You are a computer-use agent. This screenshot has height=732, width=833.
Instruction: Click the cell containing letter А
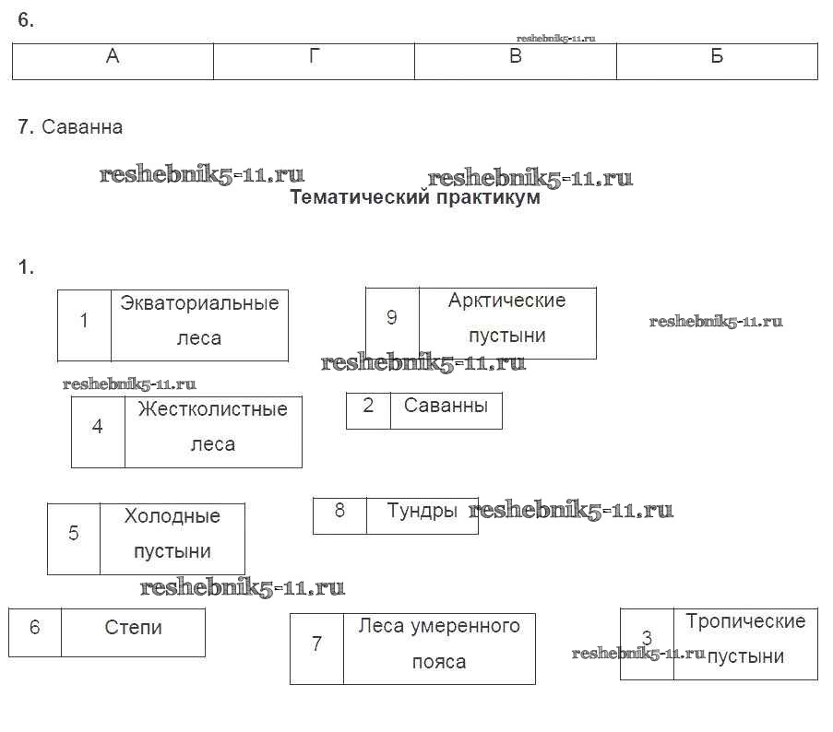(113, 57)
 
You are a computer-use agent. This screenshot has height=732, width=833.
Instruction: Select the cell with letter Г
(314, 57)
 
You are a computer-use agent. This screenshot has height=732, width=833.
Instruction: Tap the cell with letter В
(516, 57)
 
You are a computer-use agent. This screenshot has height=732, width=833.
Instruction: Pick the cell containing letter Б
(717, 57)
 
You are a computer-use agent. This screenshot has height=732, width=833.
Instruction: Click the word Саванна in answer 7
(82, 127)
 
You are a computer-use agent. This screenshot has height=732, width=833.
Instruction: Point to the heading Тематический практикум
(415, 197)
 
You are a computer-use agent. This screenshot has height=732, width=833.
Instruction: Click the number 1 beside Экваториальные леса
(84, 321)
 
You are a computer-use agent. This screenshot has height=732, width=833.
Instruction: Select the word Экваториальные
(199, 303)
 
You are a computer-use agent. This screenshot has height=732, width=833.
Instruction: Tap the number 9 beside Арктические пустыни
(392, 317)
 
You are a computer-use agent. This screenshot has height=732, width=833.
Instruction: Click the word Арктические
(506, 301)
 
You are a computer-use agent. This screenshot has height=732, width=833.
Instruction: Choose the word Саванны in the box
(446, 406)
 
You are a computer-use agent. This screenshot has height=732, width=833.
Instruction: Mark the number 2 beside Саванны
(368, 406)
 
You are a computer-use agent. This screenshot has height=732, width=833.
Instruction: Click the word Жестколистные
(212, 409)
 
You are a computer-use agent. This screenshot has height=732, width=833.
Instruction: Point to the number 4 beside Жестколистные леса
(98, 427)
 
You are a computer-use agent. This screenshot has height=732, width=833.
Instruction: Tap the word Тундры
(422, 511)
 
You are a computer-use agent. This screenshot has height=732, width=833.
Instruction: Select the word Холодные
(172, 516)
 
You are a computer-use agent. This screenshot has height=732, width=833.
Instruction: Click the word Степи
(133, 628)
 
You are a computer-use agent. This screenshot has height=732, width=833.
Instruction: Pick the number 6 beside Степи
(35, 628)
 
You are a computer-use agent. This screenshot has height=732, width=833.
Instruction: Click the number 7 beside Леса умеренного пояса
(316, 643)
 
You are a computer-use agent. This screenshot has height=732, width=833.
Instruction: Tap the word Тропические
(745, 621)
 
